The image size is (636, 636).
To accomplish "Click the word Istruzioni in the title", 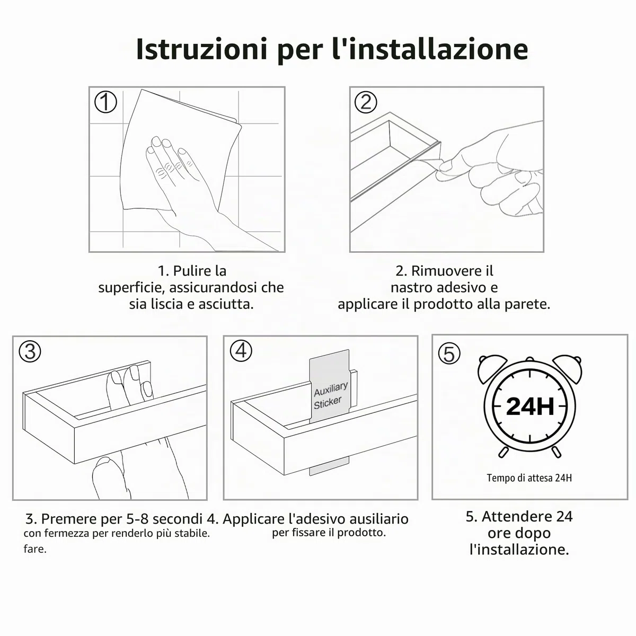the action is coord(201,49).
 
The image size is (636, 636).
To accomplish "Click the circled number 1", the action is coord(105,102).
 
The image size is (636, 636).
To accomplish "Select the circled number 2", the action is coord(366,102).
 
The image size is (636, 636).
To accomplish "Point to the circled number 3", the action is coord(30,351).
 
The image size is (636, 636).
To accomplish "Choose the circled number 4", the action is coord(241,350).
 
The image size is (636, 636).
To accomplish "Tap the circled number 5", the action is coord(449,354).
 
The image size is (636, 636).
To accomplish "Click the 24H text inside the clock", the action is coord(529,406).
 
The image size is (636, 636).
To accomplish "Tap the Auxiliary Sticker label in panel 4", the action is coord(329,395).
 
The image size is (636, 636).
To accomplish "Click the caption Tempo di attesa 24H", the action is coord(529,478).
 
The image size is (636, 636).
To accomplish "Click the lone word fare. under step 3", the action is coord(35,549).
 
